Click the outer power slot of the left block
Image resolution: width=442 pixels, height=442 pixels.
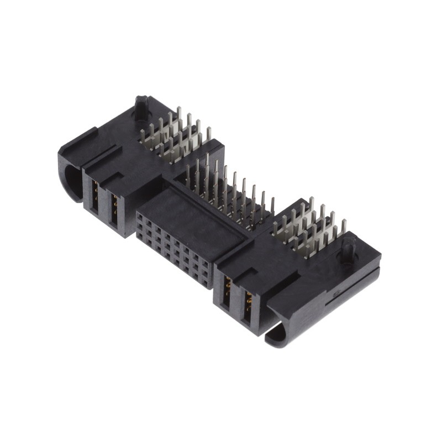pyautogui.click(x=94, y=199)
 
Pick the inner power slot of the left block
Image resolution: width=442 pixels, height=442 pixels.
pyautogui.click(x=114, y=208)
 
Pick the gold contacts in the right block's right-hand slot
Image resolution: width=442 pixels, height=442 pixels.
pyautogui.click(x=248, y=301)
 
